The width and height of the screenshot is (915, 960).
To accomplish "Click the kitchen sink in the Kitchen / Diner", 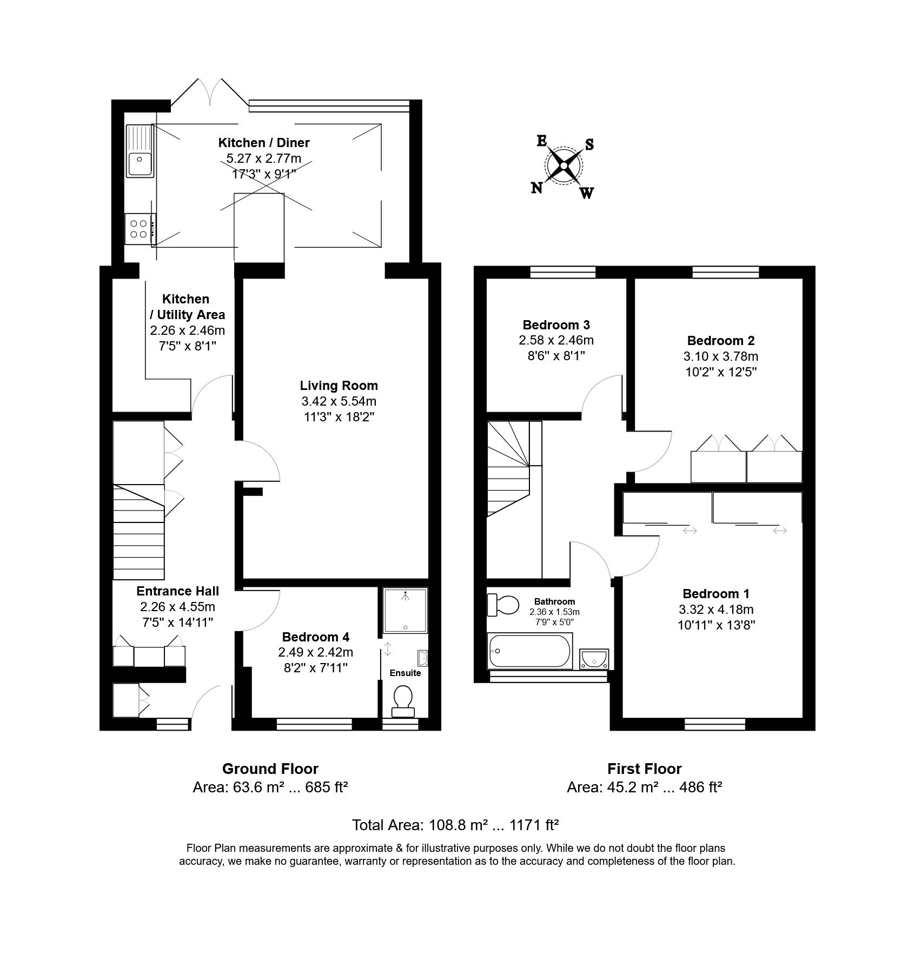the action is (x=140, y=151).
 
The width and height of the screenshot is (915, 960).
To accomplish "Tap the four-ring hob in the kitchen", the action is (x=140, y=229).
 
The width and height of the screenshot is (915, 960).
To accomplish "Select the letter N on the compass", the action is (x=537, y=188).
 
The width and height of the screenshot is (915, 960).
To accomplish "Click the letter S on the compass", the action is (x=589, y=144).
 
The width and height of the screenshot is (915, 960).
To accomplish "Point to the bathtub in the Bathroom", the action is (x=530, y=652).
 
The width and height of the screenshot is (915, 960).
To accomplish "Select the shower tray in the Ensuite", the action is (x=405, y=611).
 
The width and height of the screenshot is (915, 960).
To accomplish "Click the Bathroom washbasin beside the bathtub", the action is (x=594, y=659).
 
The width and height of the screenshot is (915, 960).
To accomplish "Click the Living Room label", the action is (x=339, y=386).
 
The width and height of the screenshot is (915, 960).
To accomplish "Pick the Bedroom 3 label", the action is (x=556, y=325).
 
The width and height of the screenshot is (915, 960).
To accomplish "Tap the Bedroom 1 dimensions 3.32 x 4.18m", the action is (x=716, y=610).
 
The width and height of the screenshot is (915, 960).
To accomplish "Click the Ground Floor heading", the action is (x=270, y=769).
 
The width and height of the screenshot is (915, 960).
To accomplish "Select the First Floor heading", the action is (x=644, y=769).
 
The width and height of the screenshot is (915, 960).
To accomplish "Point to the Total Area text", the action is (x=455, y=825).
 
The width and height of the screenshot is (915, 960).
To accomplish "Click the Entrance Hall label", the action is (x=177, y=591).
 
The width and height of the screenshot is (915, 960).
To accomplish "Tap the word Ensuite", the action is (x=405, y=673).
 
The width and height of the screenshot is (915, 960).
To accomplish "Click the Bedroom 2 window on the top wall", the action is (x=726, y=272).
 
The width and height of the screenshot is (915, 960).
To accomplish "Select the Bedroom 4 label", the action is (x=316, y=637).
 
